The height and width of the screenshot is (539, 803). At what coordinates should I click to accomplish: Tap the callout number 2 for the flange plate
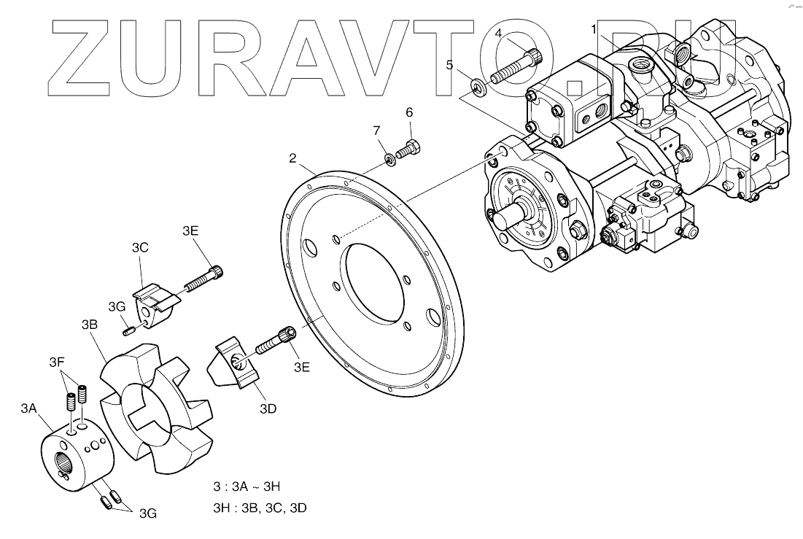(x=292, y=158)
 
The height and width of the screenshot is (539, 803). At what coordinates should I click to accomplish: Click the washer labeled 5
(x=478, y=90)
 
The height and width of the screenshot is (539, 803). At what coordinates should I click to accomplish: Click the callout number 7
(x=377, y=131)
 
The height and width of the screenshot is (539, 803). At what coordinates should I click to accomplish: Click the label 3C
(x=140, y=247)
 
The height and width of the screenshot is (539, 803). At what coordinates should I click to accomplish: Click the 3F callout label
(x=57, y=362)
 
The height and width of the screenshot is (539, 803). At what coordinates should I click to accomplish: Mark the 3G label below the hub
(x=148, y=513)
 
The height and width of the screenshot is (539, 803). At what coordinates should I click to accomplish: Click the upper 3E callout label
(x=190, y=231)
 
